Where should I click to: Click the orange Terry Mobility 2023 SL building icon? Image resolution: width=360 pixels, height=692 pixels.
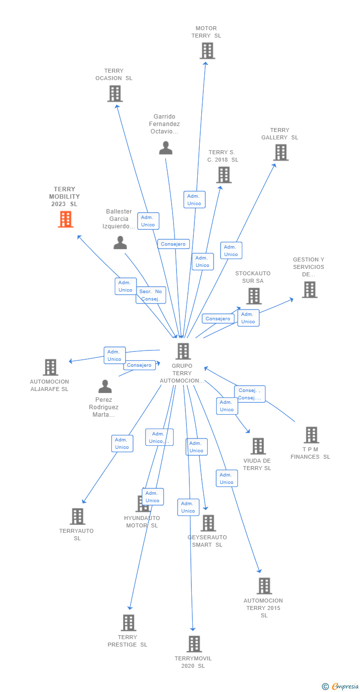coord(65,219)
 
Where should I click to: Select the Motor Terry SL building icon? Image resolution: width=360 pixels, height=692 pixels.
coord(207,50)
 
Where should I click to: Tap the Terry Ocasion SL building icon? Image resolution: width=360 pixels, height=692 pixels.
coord(115,93)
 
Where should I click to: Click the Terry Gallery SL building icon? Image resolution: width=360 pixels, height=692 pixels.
coord(281,152)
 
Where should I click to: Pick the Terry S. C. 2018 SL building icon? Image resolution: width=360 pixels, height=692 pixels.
coord(224,174)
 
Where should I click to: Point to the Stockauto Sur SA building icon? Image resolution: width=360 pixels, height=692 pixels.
coord(254,296)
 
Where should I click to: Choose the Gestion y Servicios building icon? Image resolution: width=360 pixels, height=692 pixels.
coord(310,290)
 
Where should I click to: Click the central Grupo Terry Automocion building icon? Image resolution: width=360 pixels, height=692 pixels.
coord(183,351)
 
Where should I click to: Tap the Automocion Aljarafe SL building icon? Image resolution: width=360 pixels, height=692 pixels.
coord(50,367)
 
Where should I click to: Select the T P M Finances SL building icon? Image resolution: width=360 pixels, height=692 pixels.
coord(311,435)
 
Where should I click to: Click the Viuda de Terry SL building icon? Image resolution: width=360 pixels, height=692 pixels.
coord(258,446)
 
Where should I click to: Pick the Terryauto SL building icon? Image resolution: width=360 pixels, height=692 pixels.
coord(77,516)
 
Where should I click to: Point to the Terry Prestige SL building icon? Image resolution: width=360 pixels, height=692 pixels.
coord(129,622)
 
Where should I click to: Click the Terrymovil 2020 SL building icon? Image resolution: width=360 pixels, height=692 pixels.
coord(194,644)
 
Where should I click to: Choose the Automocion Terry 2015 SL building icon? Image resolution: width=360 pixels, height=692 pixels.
coord(264,586)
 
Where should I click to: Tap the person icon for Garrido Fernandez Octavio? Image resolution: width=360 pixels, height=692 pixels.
coord(166,148)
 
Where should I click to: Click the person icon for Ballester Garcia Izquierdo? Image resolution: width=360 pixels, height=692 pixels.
coord(120,243)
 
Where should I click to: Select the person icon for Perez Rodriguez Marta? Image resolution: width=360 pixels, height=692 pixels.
coord(105,386)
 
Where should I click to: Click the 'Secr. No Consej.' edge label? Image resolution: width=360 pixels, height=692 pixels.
coord(151,295)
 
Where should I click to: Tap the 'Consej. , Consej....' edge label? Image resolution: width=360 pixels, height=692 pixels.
coord(249,394)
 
